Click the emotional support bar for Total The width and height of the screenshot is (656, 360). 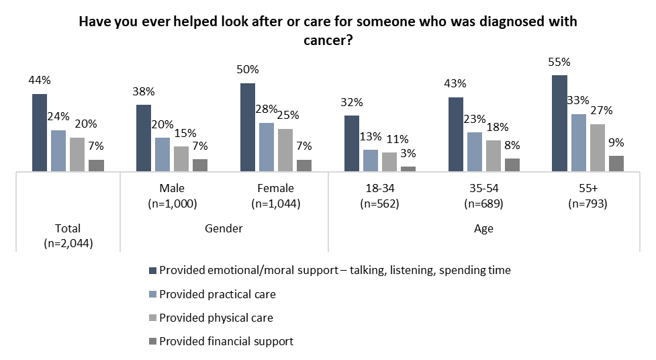[40, 133]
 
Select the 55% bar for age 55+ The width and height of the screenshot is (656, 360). [559, 124]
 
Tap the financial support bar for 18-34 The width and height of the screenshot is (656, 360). [408, 169]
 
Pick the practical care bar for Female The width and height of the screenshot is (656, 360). [267, 148]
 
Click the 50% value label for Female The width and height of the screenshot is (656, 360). [248, 70]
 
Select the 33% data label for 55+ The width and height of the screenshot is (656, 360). [578, 101]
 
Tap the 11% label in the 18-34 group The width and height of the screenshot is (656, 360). [389, 140]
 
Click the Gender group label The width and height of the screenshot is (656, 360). [224, 228]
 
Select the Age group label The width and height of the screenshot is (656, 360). [483, 228]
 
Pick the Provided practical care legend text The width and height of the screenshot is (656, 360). [218, 294]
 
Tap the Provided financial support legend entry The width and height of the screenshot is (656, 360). [226, 341]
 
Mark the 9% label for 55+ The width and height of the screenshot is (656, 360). [616, 142]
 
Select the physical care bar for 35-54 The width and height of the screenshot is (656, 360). [494, 156]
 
